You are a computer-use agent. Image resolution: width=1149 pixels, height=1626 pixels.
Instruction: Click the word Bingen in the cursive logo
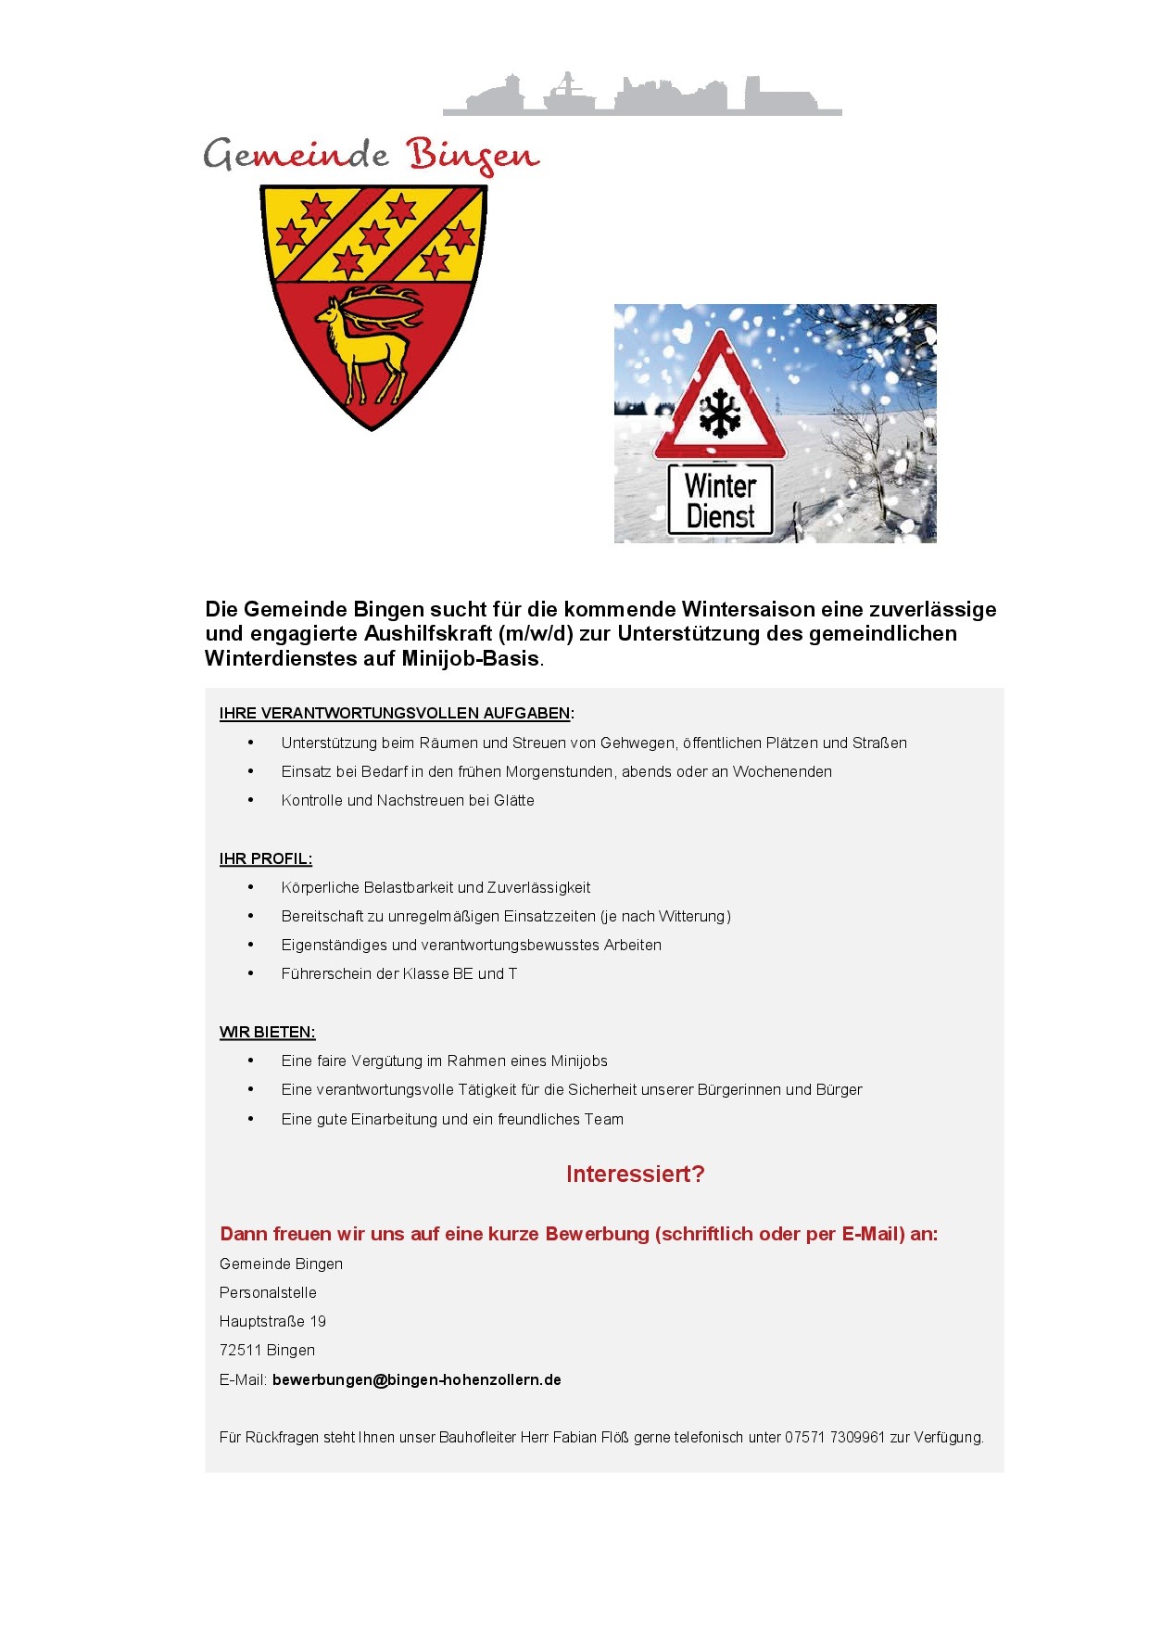coord(473,156)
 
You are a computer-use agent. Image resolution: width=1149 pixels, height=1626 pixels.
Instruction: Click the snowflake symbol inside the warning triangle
coord(720,413)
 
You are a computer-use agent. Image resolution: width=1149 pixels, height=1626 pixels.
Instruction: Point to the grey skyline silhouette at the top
coord(642,96)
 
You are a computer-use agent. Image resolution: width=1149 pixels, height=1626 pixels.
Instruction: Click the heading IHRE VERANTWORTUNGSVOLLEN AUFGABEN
coord(395,713)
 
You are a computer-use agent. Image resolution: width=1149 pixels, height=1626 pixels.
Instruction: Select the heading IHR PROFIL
coord(265,858)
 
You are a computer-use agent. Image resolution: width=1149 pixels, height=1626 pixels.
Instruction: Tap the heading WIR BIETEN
coord(267,1032)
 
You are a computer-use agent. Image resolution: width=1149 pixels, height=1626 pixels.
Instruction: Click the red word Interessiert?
coord(635,1175)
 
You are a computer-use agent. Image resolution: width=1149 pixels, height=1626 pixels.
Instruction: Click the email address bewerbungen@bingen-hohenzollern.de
coord(416,1379)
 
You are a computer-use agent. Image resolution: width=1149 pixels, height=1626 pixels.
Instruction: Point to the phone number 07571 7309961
coord(835,1437)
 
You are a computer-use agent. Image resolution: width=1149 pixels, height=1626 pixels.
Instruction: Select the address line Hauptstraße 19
coord(272,1321)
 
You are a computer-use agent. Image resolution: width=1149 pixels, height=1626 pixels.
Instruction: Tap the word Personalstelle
coord(268,1292)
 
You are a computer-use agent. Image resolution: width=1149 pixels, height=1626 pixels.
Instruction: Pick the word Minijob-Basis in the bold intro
coord(470,658)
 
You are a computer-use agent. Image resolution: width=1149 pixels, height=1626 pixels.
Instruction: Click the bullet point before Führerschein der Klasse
coord(250,973)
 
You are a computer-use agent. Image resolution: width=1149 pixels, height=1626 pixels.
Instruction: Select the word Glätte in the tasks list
coord(514,800)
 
